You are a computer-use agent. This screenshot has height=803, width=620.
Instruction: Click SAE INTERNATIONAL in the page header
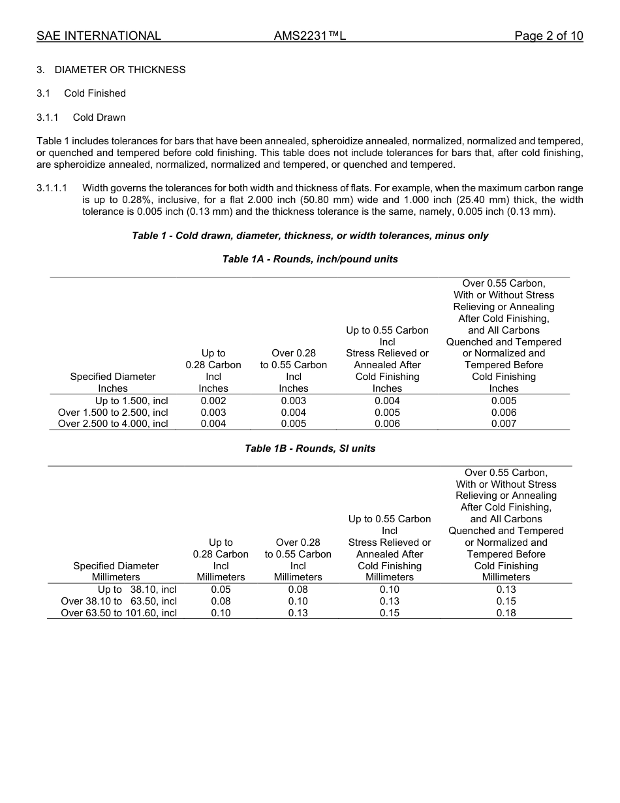99,36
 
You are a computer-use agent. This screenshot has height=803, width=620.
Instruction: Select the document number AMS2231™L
309,36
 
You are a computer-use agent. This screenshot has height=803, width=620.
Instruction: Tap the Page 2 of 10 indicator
548,36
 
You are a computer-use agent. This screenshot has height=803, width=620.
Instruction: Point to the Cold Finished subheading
95,93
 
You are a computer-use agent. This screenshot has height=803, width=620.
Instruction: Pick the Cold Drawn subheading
99,118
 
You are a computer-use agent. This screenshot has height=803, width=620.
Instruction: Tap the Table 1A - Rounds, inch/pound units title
310,259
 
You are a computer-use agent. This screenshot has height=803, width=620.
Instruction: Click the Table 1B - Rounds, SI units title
310,449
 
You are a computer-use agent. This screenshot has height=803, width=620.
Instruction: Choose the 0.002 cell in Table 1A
213,401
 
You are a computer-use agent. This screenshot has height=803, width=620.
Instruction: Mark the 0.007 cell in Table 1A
504,424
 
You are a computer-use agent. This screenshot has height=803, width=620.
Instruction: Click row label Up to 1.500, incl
131,401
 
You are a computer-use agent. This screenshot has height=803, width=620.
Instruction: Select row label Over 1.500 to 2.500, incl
113,413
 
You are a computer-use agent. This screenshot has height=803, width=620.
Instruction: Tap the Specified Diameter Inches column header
113,383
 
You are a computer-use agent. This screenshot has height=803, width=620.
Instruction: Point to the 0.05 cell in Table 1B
221,590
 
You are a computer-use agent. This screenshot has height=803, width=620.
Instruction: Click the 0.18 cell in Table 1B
506,613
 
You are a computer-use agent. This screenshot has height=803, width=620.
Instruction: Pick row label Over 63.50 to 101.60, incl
119,613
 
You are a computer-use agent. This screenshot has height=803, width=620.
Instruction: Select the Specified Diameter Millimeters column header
116,571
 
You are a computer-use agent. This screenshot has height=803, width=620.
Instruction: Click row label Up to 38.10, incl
137,590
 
